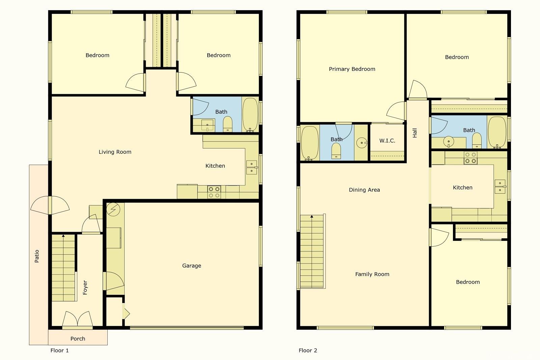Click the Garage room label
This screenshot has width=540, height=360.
point(191,266)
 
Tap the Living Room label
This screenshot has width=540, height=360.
point(115,152)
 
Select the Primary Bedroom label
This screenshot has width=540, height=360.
point(352,69)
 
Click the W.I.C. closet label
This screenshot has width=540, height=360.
point(387,140)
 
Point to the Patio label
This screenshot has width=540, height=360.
point(37,256)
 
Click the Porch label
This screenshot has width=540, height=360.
point(78,338)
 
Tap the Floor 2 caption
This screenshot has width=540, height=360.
point(308,350)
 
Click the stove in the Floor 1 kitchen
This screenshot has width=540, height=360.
point(214,192)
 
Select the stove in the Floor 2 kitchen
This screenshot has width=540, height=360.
point(470,158)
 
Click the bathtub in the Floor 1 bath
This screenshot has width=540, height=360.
point(250,115)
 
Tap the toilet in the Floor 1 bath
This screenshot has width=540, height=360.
point(228,124)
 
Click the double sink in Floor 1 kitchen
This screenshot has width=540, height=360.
point(251,167)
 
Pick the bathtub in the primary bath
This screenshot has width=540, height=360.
point(309,143)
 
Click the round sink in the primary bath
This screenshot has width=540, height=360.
point(362,143)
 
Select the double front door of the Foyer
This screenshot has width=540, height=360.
point(77,320)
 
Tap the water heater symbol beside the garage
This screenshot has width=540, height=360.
point(113,210)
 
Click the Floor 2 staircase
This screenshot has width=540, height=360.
point(312,251)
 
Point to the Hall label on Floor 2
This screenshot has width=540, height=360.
point(415,133)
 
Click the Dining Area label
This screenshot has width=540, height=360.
point(364,190)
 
